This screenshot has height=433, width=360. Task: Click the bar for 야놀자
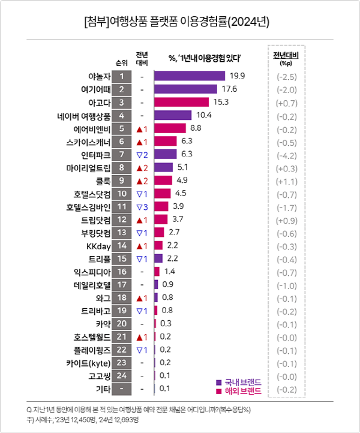point(190,76)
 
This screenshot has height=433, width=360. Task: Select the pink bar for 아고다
point(181,102)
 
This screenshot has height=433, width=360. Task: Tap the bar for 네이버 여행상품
point(173,115)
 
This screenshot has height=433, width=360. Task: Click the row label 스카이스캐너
point(89,142)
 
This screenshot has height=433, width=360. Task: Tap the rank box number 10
point(122,194)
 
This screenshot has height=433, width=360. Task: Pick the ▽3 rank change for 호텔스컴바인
point(142,207)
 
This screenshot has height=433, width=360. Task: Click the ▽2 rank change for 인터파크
point(142,155)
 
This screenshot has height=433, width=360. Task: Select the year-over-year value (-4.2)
point(286,155)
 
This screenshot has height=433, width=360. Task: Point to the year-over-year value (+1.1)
point(286,181)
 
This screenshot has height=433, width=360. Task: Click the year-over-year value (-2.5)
point(286,76)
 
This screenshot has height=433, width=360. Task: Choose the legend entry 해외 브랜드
point(238,391)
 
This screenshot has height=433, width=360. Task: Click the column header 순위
point(122,62)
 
